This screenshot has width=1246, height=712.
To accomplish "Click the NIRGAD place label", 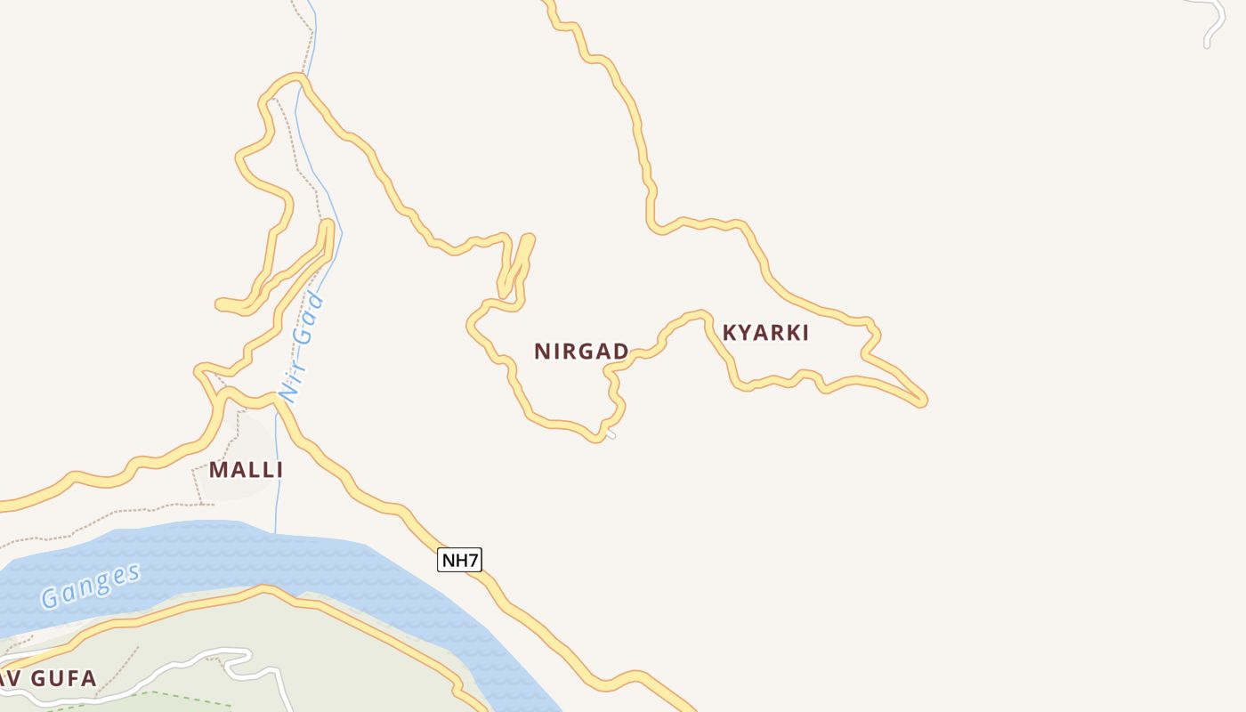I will tap(581, 352).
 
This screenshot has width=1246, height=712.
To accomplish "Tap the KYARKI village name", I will tap(765, 333).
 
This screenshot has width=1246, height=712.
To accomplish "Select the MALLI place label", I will tap(246, 470).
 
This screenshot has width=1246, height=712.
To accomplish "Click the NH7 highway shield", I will tap(460, 560).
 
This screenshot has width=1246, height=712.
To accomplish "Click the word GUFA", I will tap(62, 679).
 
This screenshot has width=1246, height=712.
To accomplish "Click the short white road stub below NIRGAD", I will tap(611, 434).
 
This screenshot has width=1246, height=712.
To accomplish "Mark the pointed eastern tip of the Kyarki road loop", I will tap(923, 400).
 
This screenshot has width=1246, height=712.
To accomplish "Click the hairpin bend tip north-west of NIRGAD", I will tap(529, 239).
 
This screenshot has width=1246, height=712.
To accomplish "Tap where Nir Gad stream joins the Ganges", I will tap(275, 532).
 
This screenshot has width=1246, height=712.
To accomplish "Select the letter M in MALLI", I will tap(218, 470).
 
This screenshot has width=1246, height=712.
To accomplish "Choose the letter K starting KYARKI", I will tap(730, 333).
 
